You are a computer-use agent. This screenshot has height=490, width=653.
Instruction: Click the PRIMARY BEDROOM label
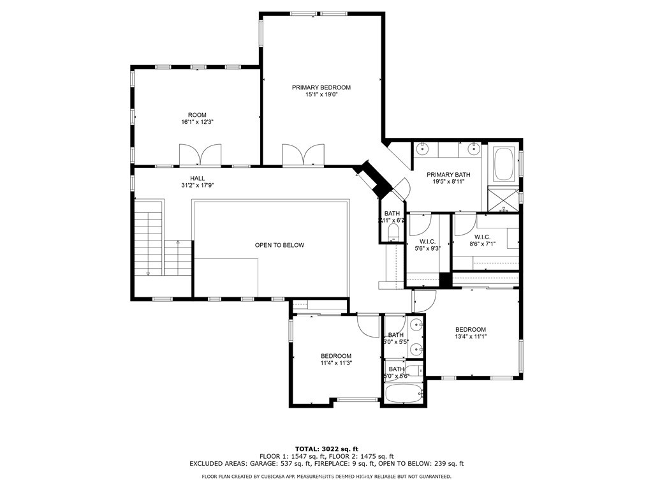pos(321,87)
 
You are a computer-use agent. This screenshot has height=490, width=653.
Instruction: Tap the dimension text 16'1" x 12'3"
pos(197,122)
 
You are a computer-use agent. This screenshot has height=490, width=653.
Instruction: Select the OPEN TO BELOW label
pos(279,245)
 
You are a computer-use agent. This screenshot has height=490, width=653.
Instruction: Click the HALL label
pos(197,179)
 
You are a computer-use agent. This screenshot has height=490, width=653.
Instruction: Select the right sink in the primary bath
pos(473,149)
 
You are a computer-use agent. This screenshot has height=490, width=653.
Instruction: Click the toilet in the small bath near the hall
pos(393,230)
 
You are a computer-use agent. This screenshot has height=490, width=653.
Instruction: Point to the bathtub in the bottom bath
pos(403,393)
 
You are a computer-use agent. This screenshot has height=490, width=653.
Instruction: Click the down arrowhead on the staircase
pos(148,273)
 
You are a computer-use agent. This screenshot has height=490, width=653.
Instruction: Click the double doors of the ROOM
pos(200,155)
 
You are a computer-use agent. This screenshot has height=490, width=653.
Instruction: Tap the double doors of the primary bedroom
pos(303,155)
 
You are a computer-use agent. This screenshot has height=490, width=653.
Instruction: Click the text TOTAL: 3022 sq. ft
pos(326,449)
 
